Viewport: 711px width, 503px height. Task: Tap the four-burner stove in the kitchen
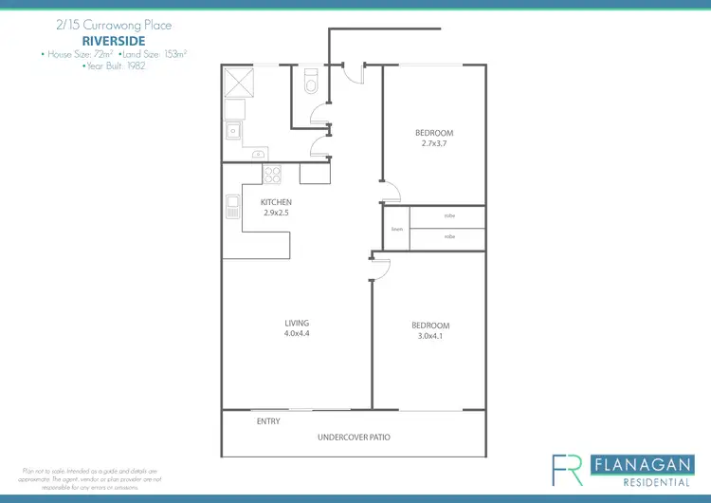click(x=272, y=175)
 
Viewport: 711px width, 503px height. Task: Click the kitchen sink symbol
click(x=231, y=206)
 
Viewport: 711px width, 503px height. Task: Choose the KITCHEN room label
click(x=276, y=202)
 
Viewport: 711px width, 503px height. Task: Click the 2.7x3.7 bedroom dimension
click(x=433, y=144)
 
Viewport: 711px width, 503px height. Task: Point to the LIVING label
click(x=297, y=323)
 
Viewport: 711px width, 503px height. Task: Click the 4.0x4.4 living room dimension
click(x=297, y=334)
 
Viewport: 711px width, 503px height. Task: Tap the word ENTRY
click(x=268, y=421)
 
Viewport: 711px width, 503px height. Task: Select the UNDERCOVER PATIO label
click(x=354, y=438)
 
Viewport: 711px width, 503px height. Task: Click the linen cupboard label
click(x=397, y=229)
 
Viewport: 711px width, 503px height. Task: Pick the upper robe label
click(x=448, y=216)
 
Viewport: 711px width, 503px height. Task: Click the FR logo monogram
click(x=568, y=470)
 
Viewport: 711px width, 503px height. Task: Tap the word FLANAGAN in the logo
click(x=640, y=464)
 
